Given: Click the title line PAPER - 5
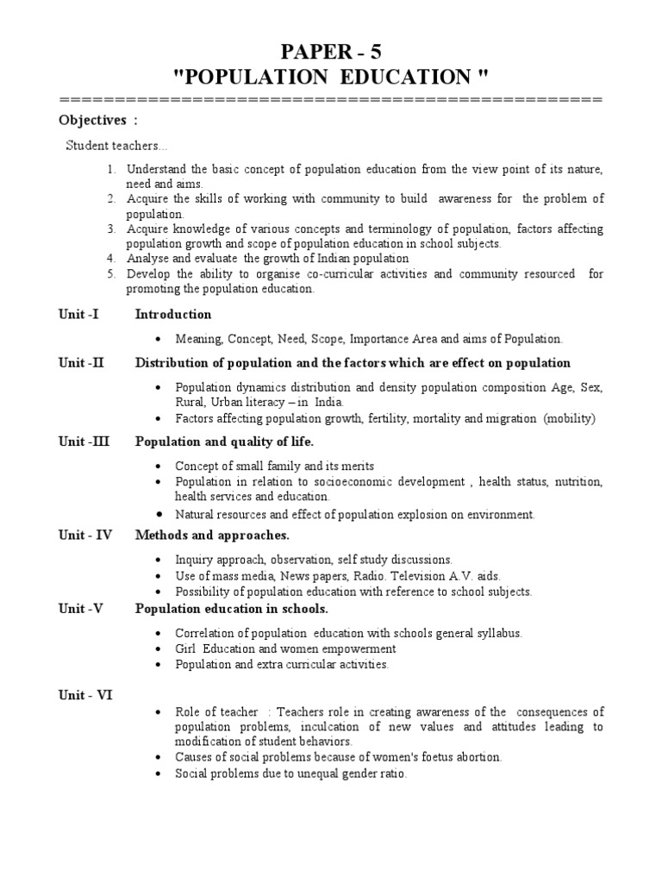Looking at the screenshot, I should click(x=331, y=51).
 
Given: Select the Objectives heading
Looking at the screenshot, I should click(x=92, y=119).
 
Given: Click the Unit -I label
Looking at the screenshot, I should click(x=78, y=314).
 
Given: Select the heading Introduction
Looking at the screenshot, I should click(x=173, y=314).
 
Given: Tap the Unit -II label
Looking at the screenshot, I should click(x=81, y=362).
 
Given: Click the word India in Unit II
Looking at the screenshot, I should click(x=327, y=402).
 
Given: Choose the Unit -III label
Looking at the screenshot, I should click(x=84, y=441).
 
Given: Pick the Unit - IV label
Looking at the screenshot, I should click(x=85, y=535).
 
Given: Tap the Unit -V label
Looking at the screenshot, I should click(x=81, y=609).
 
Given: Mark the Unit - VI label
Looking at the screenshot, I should click(x=85, y=694).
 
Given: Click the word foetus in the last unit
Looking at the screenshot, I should click(x=419, y=757).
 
